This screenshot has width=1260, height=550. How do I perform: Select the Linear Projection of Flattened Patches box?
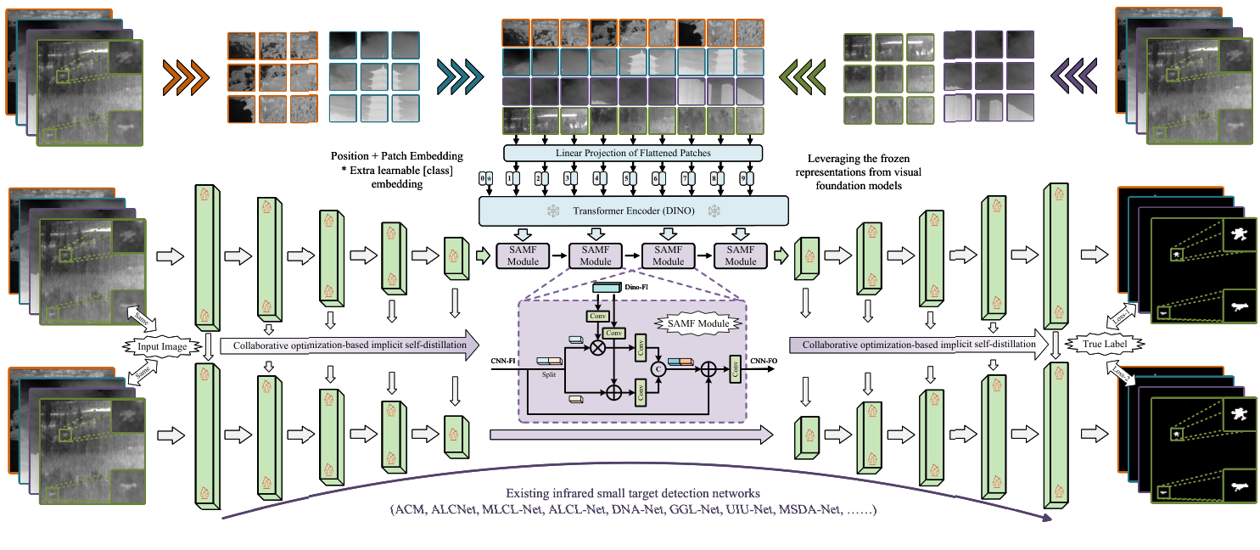coord(633,153)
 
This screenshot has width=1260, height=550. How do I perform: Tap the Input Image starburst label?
coord(160,346)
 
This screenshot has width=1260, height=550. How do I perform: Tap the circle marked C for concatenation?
coord(657,368)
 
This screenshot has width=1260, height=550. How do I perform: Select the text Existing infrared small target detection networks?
coord(632,493)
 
